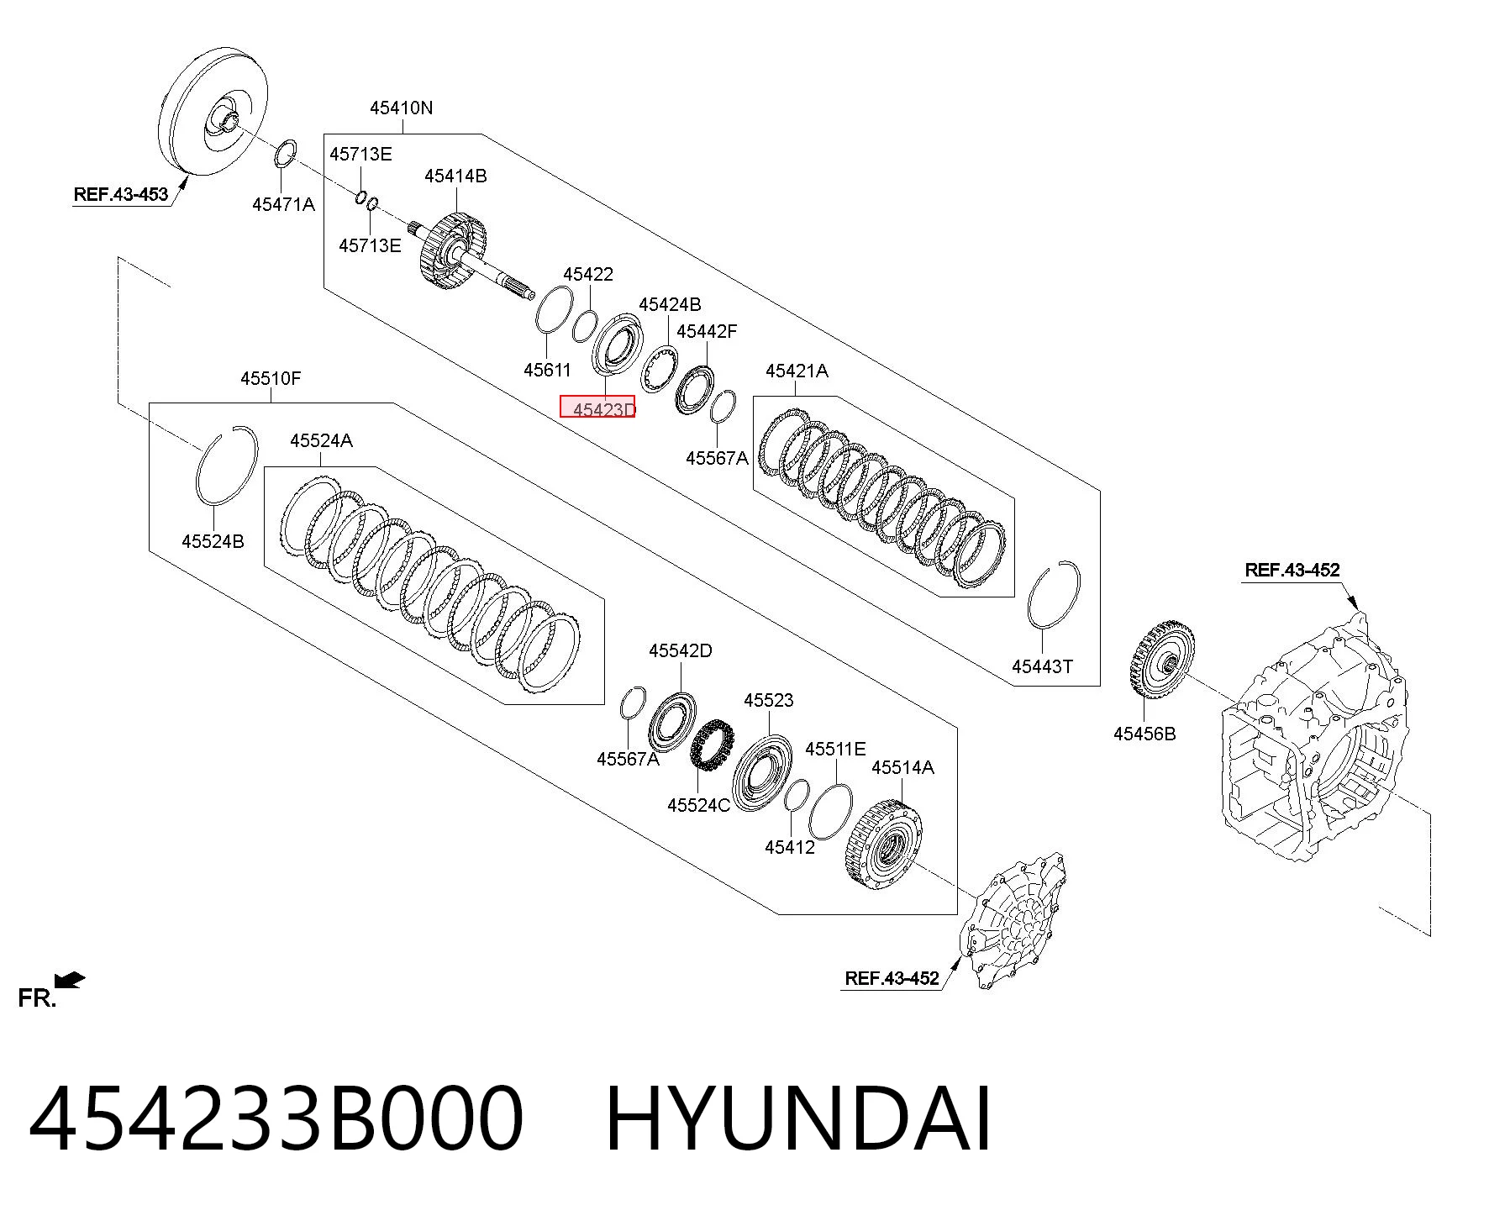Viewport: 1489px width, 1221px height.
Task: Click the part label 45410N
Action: (x=402, y=108)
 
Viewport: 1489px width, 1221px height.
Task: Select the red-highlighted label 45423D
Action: (x=597, y=408)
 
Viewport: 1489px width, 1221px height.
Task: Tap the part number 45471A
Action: (x=283, y=204)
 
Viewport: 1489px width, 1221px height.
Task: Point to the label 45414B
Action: (x=455, y=176)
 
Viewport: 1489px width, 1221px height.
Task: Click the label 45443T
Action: (x=1042, y=666)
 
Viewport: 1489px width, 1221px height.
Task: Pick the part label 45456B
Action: (x=1144, y=734)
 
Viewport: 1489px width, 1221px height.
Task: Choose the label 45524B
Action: (x=213, y=541)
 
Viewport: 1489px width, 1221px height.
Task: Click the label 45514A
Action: (x=902, y=767)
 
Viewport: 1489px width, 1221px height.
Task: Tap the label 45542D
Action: (x=680, y=650)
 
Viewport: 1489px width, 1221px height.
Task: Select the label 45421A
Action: (x=797, y=371)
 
